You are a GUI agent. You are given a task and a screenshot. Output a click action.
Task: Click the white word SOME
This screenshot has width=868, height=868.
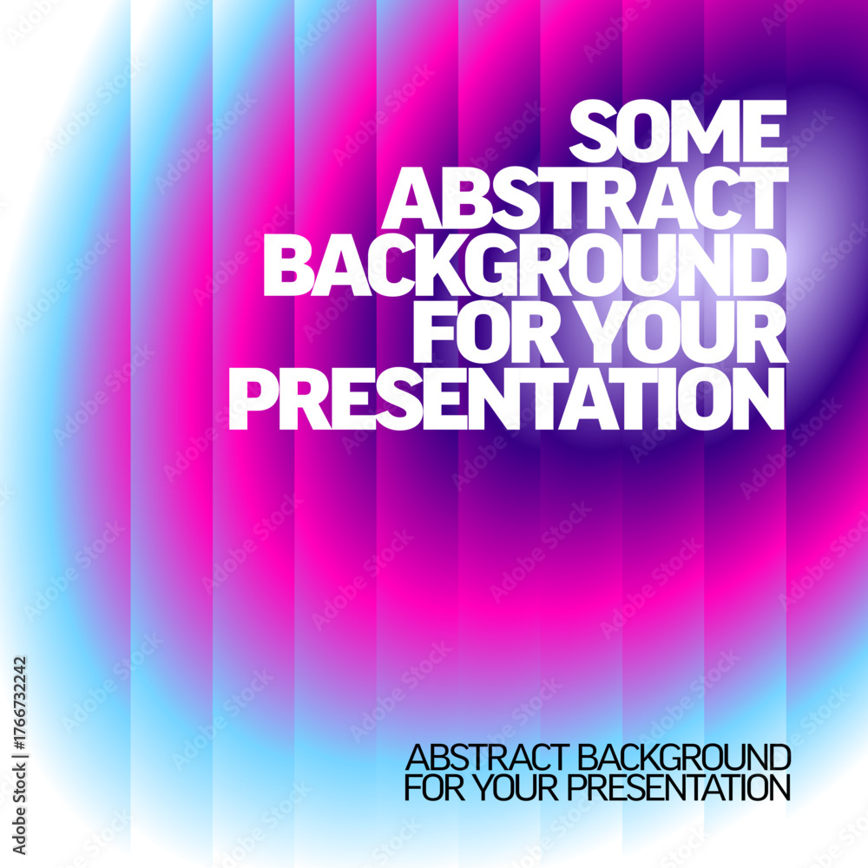[x=678, y=131]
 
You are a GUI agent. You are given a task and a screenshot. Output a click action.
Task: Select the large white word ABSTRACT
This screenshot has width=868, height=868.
[x=585, y=198]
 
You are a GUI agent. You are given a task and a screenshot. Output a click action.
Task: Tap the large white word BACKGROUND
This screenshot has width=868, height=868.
[x=525, y=264]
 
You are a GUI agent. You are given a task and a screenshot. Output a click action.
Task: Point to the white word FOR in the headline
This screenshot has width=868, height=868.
[x=487, y=331]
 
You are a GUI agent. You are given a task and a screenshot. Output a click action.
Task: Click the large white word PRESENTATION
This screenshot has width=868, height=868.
[x=507, y=398]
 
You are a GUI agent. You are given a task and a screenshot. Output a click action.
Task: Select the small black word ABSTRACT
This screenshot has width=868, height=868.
[x=487, y=758]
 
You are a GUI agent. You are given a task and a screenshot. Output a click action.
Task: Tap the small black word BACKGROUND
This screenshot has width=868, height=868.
[x=684, y=758]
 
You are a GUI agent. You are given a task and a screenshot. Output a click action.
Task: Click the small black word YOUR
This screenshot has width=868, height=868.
[x=517, y=788]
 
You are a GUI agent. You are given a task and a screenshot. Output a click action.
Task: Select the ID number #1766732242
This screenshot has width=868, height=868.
[x=19, y=702]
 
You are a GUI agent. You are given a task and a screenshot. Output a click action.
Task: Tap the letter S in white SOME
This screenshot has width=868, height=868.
[x=592, y=131]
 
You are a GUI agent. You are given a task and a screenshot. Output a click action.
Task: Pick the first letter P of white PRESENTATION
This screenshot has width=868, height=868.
[x=247, y=398]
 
